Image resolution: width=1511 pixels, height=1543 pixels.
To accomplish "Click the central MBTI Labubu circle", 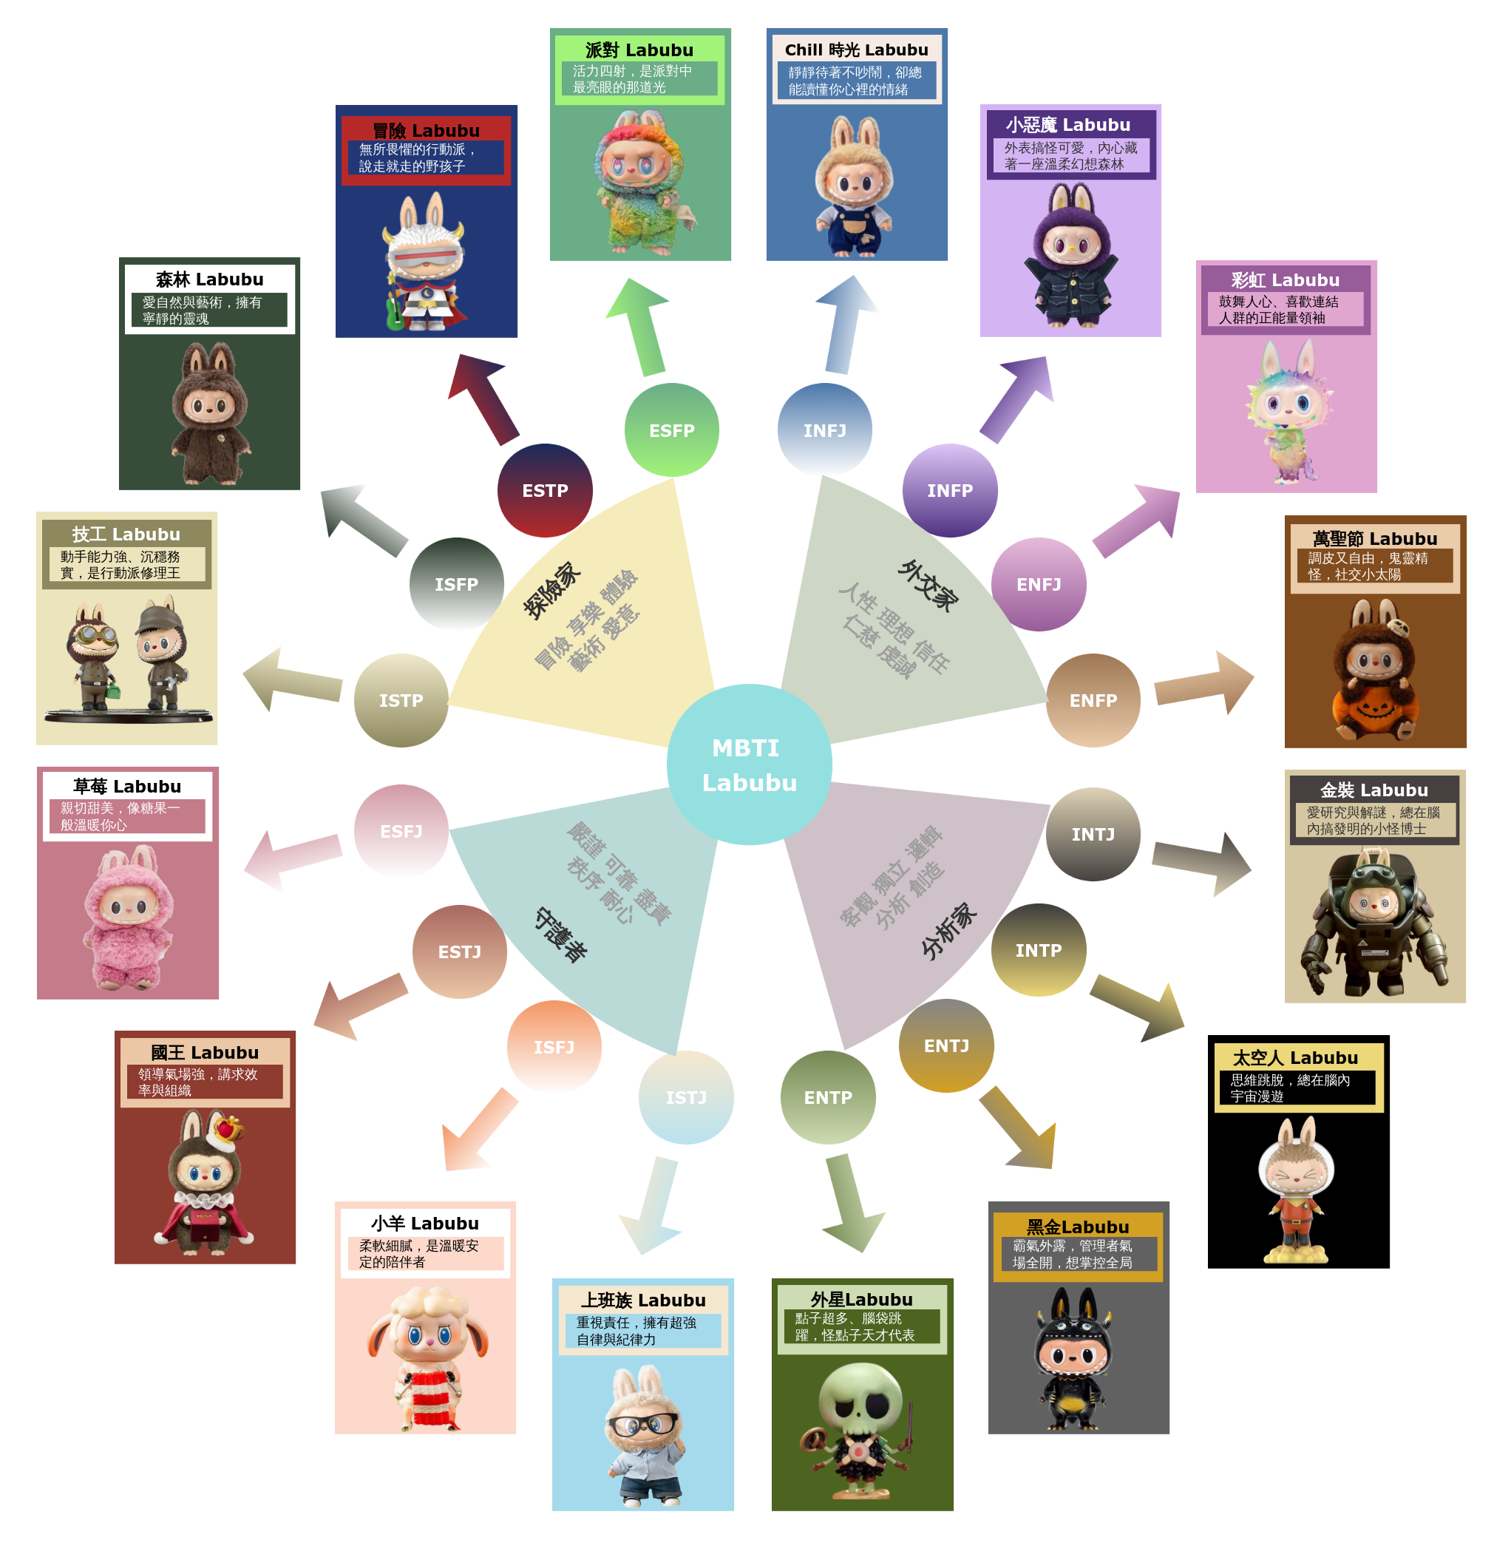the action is click(749, 764).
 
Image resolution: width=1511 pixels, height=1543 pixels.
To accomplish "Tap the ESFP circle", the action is click(671, 430).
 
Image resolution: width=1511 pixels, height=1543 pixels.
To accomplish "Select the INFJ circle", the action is click(824, 430).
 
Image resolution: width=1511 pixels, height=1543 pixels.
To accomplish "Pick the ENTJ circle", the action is click(946, 1045).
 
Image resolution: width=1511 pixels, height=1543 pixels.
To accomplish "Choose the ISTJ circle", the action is click(686, 1097).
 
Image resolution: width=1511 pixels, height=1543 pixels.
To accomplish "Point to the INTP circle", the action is click(1038, 950).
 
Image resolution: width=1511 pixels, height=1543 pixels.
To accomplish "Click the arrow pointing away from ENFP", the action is click(1203, 682).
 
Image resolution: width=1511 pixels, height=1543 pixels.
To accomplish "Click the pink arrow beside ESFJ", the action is click(293, 860).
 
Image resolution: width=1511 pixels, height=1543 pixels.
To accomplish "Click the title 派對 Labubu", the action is click(639, 50).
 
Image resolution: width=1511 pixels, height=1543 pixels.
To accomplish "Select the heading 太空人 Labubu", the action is click(1295, 1058).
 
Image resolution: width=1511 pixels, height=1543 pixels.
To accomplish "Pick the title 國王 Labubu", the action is click(205, 1053).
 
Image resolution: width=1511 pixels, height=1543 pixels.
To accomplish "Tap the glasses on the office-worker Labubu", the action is click(643, 1424).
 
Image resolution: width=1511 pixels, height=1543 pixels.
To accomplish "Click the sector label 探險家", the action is click(551, 590).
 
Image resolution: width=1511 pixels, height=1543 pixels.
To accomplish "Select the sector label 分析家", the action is click(948, 930).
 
